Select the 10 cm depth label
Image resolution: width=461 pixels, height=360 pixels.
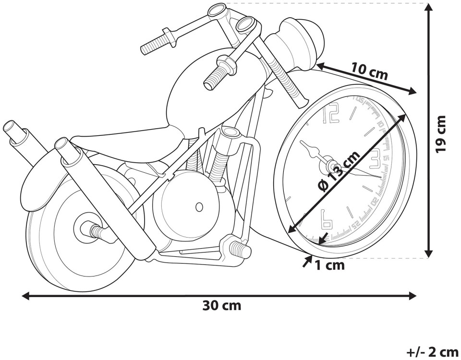click(x=369, y=72)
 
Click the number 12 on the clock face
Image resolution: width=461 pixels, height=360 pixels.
click(x=332, y=114)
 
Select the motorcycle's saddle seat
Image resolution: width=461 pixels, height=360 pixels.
click(x=130, y=137)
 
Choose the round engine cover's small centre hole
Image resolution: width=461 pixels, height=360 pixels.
click(x=199, y=207)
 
